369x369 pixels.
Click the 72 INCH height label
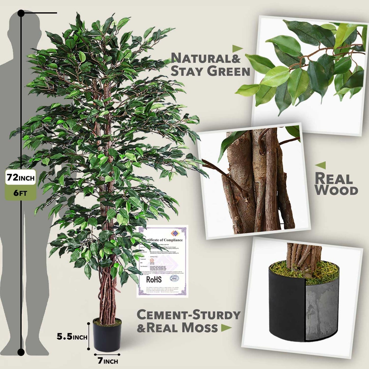coord(20,177)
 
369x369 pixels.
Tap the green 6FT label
coord(20,193)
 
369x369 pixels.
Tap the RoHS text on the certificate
coord(154,279)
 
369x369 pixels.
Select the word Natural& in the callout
coord(206,58)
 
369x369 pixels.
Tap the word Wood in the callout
coord(336,191)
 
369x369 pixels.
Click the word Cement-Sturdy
coord(188,315)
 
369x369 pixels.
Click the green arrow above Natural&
coord(237,48)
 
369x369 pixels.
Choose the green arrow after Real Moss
coord(226,328)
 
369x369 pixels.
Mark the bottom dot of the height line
coord(21,352)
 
